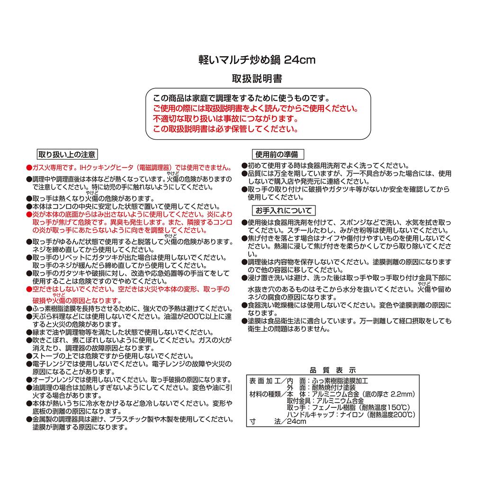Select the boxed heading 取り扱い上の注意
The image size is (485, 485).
tap(67, 154)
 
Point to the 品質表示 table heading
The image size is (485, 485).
tap(332, 370)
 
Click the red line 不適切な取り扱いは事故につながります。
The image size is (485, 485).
tap(226, 119)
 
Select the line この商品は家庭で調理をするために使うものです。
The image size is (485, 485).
tap(242, 99)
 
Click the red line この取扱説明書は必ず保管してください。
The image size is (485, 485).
tap(226, 129)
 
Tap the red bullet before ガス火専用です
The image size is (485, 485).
tap(29, 168)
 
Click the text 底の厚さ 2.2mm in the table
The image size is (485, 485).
tap(388, 394)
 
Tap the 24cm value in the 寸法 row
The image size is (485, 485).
tap(296, 422)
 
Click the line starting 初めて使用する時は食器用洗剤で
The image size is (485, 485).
tap(327, 166)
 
